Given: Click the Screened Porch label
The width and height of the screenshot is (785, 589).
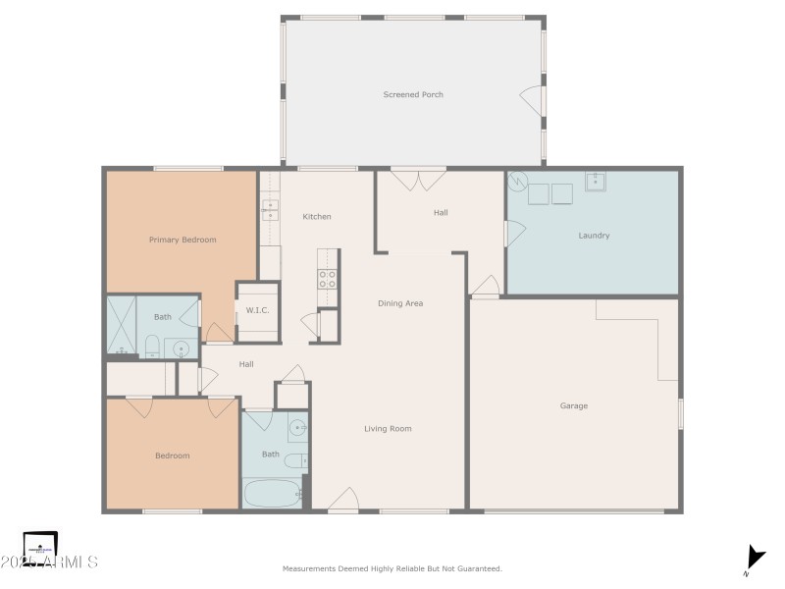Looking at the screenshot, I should click(413, 95).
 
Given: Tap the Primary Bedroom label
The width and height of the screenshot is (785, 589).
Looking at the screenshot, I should click(183, 240).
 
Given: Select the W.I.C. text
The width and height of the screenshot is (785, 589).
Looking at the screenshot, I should click(257, 311).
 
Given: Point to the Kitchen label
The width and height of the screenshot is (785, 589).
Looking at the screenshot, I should click(316, 216).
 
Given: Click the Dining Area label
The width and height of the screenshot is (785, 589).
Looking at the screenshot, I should click(400, 303).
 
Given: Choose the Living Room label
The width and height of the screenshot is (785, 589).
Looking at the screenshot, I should click(388, 429).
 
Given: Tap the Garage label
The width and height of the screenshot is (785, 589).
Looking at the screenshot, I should click(574, 405).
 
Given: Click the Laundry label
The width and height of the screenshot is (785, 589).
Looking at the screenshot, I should click(594, 236).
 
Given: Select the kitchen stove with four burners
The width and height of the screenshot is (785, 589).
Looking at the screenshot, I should click(328, 279).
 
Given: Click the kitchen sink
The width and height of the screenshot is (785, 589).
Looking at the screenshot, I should click(269, 209).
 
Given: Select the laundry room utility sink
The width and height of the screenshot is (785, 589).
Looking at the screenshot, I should click(595, 181).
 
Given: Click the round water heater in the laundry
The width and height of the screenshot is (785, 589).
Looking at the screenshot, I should click(517, 182).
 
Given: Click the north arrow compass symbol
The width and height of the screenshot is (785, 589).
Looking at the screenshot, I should click(754, 558).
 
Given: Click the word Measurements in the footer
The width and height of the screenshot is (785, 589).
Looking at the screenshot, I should click(308, 568).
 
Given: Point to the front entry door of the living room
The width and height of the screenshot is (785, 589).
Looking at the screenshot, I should click(342, 502).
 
